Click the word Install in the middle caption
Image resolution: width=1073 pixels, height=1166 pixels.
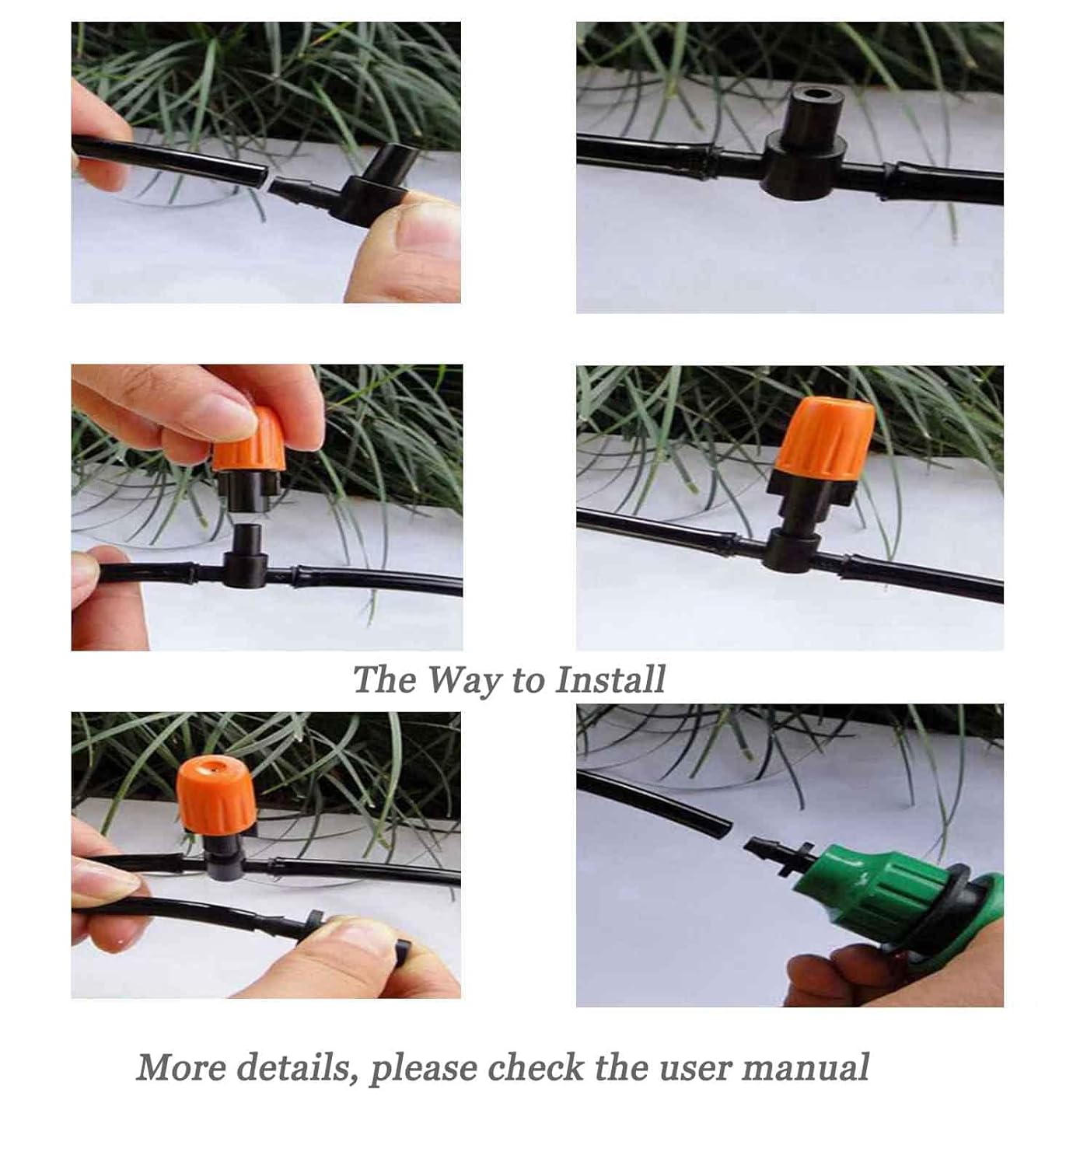pos(610,679)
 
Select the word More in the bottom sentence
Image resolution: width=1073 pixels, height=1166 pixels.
pos(181,1067)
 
